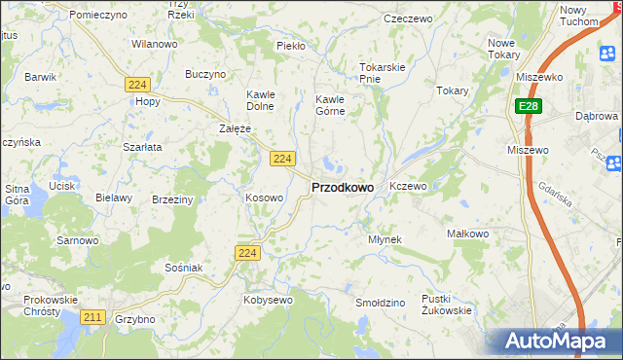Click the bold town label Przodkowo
click(342, 187)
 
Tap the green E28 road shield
click(528, 105)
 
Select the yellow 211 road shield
click(94, 317)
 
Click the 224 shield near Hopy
click(136, 86)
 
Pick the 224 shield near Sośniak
click(247, 253)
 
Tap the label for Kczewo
click(408, 185)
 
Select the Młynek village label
click(385, 238)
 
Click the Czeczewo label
click(408, 18)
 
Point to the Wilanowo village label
click(154, 45)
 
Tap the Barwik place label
click(41, 75)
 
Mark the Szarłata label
click(142, 146)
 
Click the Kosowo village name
click(264, 198)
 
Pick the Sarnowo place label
click(78, 239)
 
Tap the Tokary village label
click(453, 90)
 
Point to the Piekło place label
click(291, 46)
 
